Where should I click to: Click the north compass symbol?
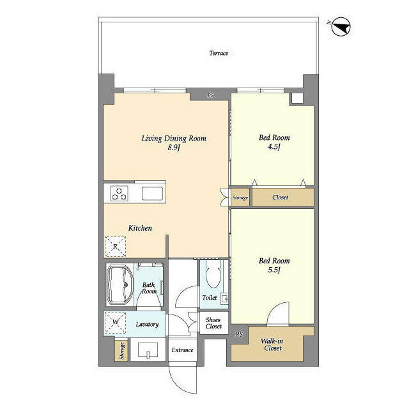click(x=341, y=26)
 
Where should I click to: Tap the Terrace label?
click(x=219, y=53)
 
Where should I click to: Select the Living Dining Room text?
click(x=174, y=139)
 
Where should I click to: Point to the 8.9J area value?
click(x=174, y=148)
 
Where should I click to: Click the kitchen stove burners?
click(x=120, y=193)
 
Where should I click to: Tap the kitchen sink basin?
click(x=152, y=194)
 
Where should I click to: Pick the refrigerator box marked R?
click(x=115, y=247)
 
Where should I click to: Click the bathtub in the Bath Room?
click(x=120, y=285)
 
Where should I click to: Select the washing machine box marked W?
click(x=115, y=323)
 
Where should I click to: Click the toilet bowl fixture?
click(x=213, y=274)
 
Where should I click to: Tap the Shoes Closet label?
click(x=213, y=323)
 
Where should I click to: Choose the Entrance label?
click(x=182, y=350)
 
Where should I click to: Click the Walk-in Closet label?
click(x=272, y=344)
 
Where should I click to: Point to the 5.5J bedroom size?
click(x=274, y=270)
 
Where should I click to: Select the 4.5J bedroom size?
click(x=274, y=146)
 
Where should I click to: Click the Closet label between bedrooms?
click(x=280, y=197)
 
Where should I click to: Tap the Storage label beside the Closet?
click(x=240, y=197)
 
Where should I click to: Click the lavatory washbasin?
click(x=148, y=350)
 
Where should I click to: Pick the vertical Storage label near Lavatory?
click(x=122, y=351)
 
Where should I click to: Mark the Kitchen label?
click(x=140, y=228)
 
